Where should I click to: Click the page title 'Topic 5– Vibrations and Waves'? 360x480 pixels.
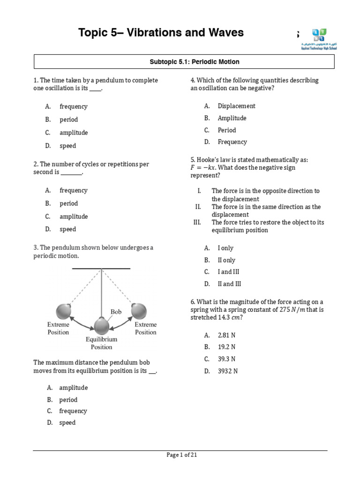click(x=161, y=32)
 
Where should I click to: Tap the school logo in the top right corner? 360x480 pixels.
click(x=319, y=39)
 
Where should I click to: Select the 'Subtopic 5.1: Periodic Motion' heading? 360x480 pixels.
click(x=195, y=62)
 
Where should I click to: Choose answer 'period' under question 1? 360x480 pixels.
click(x=68, y=120)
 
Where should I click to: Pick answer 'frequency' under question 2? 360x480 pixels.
click(x=73, y=190)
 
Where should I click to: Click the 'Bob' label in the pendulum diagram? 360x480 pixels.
click(x=116, y=312)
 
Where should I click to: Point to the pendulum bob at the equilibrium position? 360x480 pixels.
click(x=101, y=326)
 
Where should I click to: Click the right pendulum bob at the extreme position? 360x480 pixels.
click(x=139, y=311)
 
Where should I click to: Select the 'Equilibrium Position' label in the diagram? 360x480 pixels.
click(x=101, y=343)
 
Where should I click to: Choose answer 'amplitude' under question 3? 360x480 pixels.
click(x=73, y=388)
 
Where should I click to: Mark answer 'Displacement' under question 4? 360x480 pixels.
click(x=236, y=106)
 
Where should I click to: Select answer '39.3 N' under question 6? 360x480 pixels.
click(x=226, y=359)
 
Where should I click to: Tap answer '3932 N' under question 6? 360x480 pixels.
click(x=228, y=371)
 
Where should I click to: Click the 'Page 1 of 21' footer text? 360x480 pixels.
click(x=185, y=455)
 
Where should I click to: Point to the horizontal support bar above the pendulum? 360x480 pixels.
click(x=101, y=269)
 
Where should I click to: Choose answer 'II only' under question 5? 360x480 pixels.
click(x=226, y=260)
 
